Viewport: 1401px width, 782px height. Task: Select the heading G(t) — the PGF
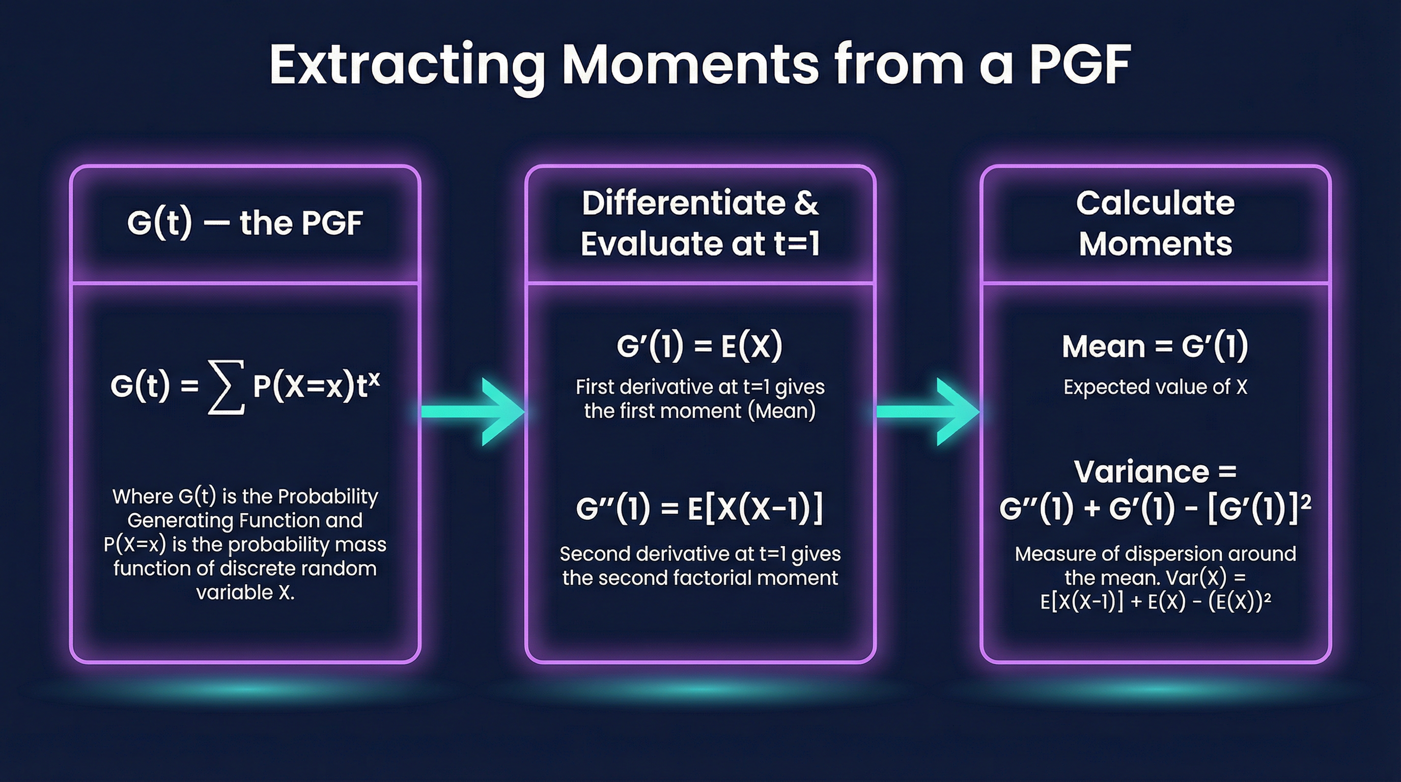[245, 223]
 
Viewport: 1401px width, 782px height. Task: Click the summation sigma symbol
[226, 387]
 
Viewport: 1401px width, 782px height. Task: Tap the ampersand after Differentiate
[806, 203]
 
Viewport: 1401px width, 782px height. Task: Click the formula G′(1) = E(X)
[699, 346]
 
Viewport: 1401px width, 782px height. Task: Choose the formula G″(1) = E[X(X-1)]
[699, 509]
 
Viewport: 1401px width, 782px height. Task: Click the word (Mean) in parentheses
[781, 410]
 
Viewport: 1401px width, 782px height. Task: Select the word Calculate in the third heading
[1155, 203]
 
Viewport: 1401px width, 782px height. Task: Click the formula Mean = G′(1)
[1155, 346]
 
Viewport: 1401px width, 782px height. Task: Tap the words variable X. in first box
[245, 592]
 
